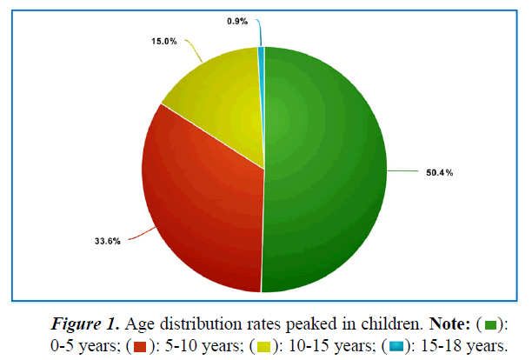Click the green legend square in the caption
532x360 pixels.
pyautogui.click(x=490, y=325)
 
